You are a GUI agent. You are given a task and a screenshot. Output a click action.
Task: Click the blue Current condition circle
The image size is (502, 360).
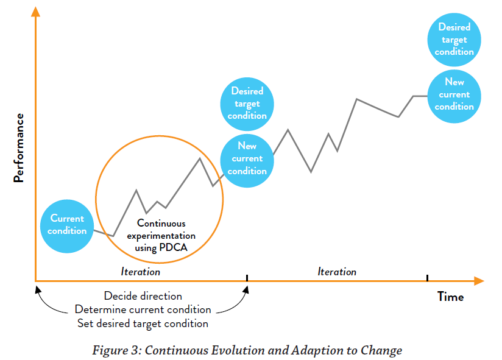[x=67, y=225]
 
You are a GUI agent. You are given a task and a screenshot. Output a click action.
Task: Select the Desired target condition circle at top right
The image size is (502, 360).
[x=454, y=40]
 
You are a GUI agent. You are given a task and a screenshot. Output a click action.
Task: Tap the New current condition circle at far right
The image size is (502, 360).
[x=454, y=94]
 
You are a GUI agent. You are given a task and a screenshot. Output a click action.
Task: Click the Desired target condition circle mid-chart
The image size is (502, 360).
[x=247, y=104]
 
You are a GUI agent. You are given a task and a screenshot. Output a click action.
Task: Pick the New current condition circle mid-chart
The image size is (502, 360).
[x=247, y=158]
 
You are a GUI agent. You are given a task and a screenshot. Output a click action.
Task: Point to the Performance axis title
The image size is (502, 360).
[x=19, y=148]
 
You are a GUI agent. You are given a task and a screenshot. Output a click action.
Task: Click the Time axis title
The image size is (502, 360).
[x=450, y=297]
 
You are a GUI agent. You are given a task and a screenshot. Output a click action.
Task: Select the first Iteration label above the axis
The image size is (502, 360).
[x=140, y=272]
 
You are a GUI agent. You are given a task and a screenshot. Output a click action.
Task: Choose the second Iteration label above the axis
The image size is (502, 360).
[x=337, y=272]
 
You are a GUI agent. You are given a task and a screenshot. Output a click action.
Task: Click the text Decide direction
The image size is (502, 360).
[x=143, y=296]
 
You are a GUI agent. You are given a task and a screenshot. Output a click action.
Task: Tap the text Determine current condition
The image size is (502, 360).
[x=143, y=309]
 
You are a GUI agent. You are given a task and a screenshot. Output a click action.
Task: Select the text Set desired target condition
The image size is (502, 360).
[x=143, y=323]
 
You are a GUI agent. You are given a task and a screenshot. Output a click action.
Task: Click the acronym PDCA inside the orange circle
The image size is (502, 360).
[x=174, y=247]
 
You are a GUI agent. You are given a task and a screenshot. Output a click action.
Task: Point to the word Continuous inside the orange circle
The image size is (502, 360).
[x=161, y=224]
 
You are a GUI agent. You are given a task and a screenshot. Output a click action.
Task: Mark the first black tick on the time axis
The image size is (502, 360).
[x=247, y=278]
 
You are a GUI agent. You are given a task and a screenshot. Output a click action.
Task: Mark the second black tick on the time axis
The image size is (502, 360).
[x=427, y=278]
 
